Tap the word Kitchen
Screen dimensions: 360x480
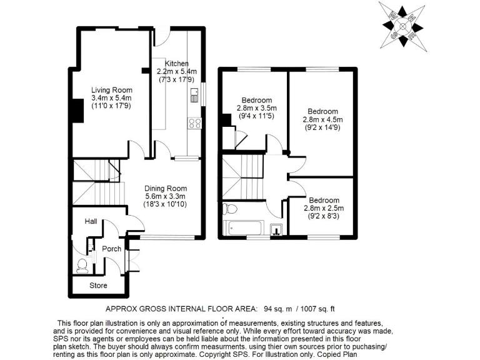176,64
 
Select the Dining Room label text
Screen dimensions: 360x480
166,188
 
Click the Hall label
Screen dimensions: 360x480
91,222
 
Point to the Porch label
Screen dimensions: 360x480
112,249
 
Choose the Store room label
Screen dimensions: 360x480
98,286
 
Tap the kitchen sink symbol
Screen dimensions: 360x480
194,95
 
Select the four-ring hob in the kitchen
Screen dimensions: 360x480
194,123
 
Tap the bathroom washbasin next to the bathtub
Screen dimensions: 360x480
276,230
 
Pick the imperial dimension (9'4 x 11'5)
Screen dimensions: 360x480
257,116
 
